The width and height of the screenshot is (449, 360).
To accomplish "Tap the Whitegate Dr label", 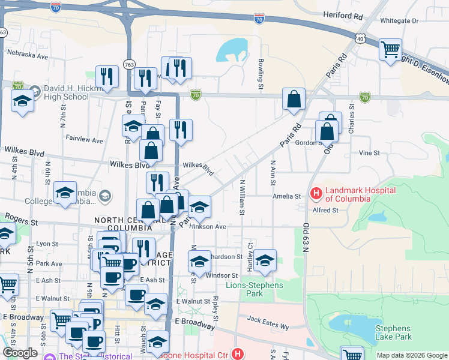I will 397,21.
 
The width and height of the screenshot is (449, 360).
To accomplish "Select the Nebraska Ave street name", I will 27,55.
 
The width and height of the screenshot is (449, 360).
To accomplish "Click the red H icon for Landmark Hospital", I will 315,193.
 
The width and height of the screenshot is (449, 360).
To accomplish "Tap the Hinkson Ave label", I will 208,227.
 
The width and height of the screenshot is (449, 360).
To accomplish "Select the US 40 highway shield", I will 360,38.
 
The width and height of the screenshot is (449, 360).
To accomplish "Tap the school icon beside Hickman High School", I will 22,100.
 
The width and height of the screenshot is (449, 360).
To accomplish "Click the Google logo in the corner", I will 20,353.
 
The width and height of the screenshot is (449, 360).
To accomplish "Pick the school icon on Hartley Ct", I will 264,260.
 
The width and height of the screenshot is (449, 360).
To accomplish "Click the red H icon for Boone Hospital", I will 239,354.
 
